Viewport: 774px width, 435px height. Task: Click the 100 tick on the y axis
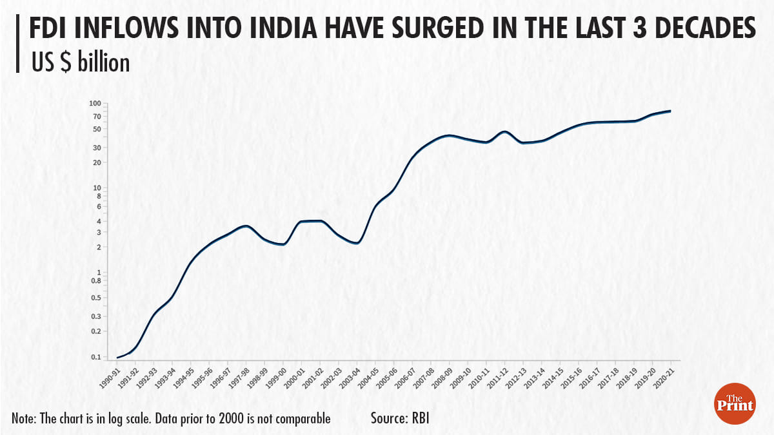[x=95, y=103]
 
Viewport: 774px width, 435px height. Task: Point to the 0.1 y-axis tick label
[x=95, y=357]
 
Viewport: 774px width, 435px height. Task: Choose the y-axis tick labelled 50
[x=97, y=129]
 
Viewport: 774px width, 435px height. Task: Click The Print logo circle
[x=735, y=403]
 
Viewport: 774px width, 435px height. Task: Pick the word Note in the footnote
[x=23, y=418]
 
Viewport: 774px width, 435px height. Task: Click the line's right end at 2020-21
[x=671, y=111]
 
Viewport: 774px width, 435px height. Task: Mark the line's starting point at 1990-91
[x=117, y=357]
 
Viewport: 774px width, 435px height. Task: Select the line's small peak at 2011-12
[x=504, y=131]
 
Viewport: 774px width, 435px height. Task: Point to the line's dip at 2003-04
[x=357, y=242]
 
